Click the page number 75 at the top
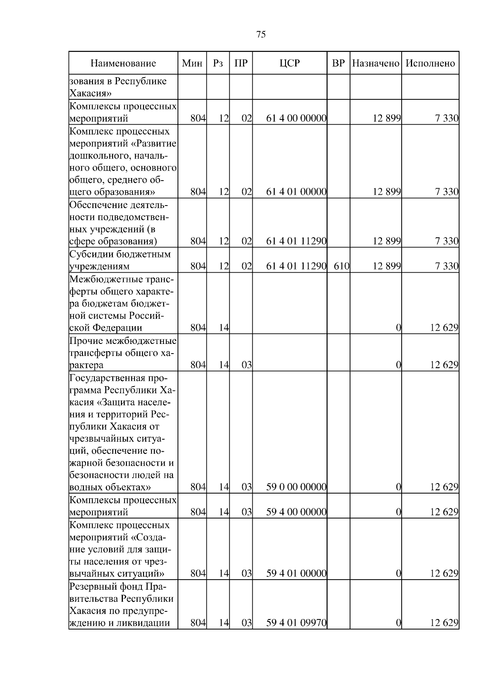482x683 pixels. click(261, 35)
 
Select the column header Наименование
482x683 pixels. click(123, 63)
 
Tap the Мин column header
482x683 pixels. click(192, 63)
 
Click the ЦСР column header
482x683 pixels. click(290, 63)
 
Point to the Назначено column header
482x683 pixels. click(376, 63)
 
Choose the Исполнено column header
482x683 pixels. click(430, 63)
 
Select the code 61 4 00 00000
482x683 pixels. click(296, 118)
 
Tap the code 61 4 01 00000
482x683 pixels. click(296, 192)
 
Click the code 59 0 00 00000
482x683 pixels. click(296, 487)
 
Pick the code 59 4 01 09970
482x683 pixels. click(296, 634)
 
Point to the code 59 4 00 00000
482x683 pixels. click(296, 512)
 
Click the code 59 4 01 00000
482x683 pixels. click(296, 573)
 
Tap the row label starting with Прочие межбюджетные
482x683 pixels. click(123, 353)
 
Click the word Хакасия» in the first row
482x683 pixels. click(90, 94)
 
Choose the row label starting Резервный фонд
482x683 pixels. click(122, 610)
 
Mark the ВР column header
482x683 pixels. click(339, 63)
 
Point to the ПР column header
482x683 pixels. click(241, 63)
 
